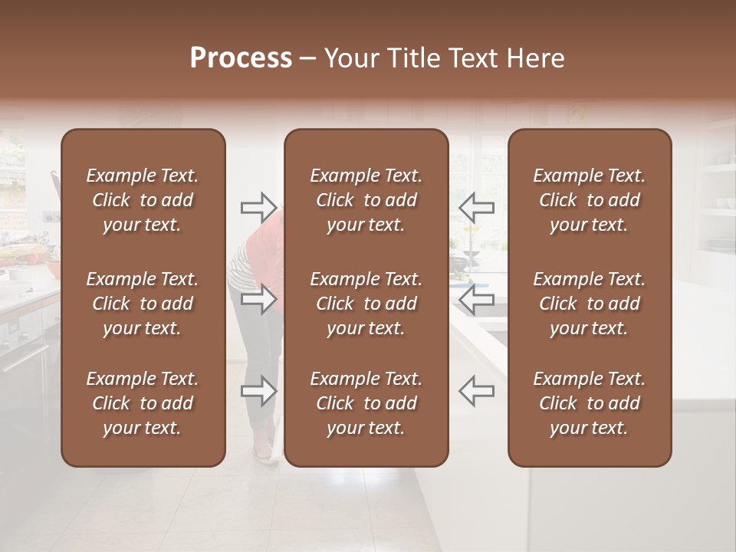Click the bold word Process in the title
(x=241, y=58)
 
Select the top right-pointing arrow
(x=258, y=207)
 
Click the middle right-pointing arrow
(x=258, y=299)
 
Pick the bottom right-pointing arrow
(x=258, y=391)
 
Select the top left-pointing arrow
(x=476, y=207)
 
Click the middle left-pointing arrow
(x=476, y=299)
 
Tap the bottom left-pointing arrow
(x=476, y=391)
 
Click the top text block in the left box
(x=143, y=200)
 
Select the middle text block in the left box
(x=143, y=304)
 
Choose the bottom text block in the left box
(x=143, y=403)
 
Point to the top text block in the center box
(x=366, y=200)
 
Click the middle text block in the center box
(x=366, y=304)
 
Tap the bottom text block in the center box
(x=366, y=403)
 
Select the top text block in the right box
(x=589, y=200)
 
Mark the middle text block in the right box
(x=589, y=304)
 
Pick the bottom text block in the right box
(x=589, y=403)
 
